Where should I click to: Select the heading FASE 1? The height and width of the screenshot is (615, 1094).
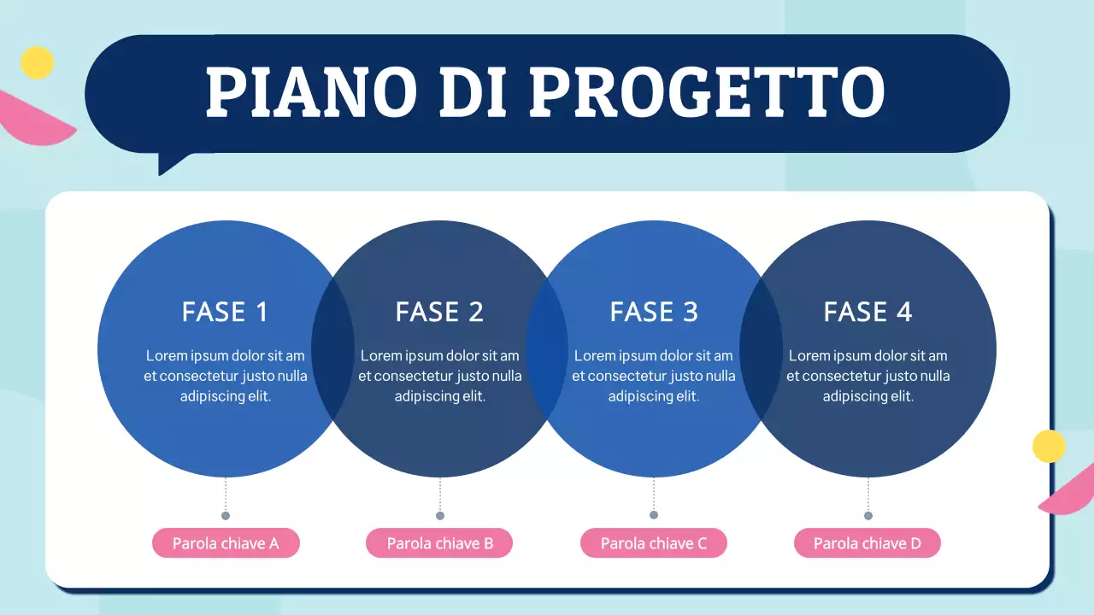[x=225, y=312]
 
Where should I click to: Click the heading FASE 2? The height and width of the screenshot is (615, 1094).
[x=439, y=312]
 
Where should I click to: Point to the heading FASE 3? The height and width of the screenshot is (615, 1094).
[x=654, y=312]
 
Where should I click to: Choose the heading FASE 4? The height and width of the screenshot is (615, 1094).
[x=868, y=312]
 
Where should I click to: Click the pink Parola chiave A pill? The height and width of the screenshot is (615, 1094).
[x=226, y=543]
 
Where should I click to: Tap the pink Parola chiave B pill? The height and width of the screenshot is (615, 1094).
[x=439, y=543]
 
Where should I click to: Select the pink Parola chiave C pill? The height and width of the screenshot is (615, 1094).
[x=654, y=543]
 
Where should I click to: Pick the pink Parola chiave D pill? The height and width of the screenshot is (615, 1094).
[x=868, y=543]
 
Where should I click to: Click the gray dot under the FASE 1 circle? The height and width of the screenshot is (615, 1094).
[x=226, y=515]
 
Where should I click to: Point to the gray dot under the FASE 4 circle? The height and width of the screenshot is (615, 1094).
[x=868, y=515]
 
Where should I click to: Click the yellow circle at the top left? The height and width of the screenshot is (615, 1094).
[x=37, y=62]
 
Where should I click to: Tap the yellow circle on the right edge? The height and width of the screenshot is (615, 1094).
[x=1049, y=446]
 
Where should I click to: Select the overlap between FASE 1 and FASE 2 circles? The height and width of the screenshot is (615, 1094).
[x=333, y=348]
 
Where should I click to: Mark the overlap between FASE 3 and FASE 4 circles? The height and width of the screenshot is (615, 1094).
[x=761, y=348]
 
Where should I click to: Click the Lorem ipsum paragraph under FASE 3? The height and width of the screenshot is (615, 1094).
[x=654, y=376]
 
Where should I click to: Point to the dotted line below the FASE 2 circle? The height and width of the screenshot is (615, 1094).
[x=440, y=494]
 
